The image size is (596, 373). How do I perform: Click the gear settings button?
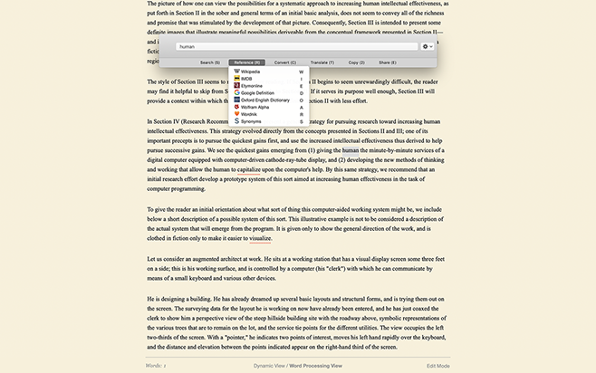coord(427,45)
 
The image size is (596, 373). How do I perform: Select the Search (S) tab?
coord(209,62)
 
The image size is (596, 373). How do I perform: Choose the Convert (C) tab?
coord(285,62)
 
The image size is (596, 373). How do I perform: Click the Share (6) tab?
coord(387,62)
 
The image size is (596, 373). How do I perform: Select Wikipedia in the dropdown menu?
coord(249,71)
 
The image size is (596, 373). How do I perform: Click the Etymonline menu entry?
coord(251,85)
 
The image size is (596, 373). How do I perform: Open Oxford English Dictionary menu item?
coord(264,100)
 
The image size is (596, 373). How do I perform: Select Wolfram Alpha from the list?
coord(255,107)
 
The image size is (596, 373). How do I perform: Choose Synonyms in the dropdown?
coord(250,121)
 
